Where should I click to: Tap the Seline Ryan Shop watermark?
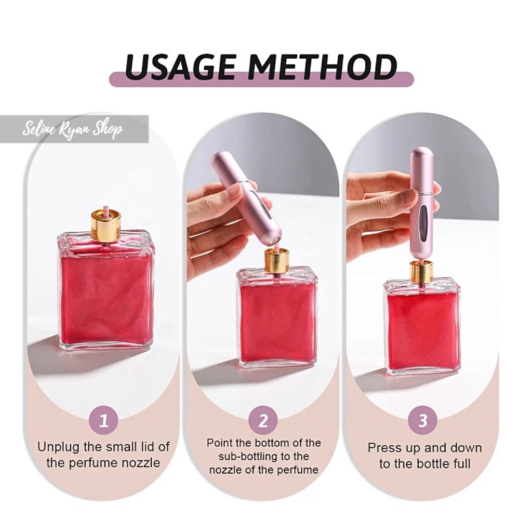coord(73,129)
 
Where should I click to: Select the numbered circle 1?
coord(104,421)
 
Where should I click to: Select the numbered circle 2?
coord(263,421)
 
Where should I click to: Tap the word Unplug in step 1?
coord(58,447)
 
